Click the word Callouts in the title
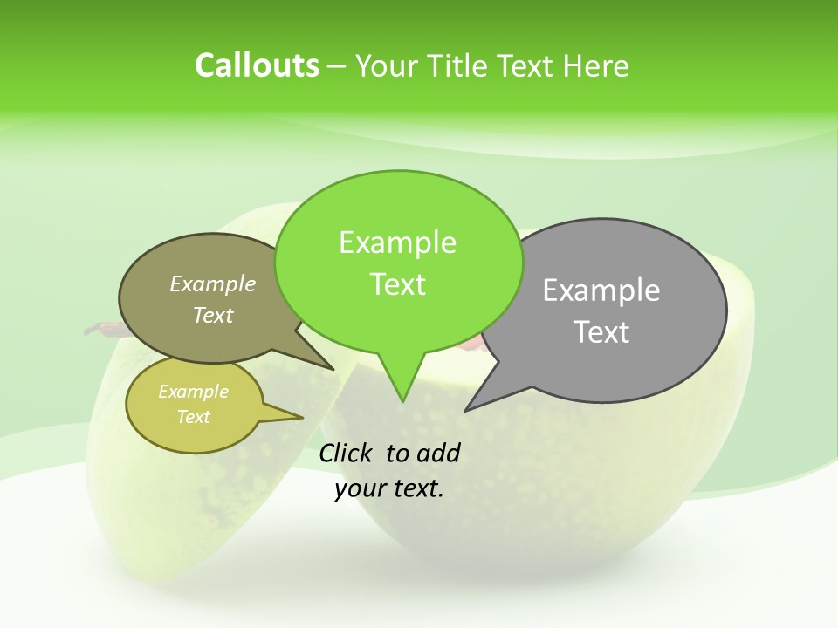[257, 66]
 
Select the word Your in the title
[387, 66]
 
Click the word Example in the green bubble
[397, 242]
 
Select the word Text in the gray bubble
[602, 332]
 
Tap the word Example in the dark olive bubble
[213, 283]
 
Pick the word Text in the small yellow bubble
[194, 417]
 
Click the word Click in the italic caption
[347, 453]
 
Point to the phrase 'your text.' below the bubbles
[389, 489]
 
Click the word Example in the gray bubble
[601, 290]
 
